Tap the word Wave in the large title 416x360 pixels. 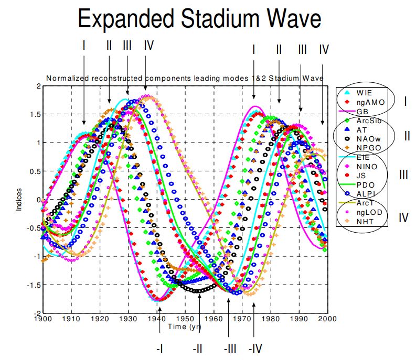click(x=292, y=20)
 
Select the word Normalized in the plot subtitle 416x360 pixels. click(x=68, y=78)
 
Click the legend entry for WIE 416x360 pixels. click(x=364, y=93)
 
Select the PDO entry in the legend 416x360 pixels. click(x=365, y=185)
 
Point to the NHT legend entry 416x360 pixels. click(x=365, y=222)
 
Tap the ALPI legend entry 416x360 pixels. click(x=365, y=194)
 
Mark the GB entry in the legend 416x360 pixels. click(x=362, y=111)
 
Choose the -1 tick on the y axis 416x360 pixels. click(x=36, y=256)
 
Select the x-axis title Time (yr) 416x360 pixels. click(x=185, y=327)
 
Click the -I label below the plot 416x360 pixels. click(x=161, y=347)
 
